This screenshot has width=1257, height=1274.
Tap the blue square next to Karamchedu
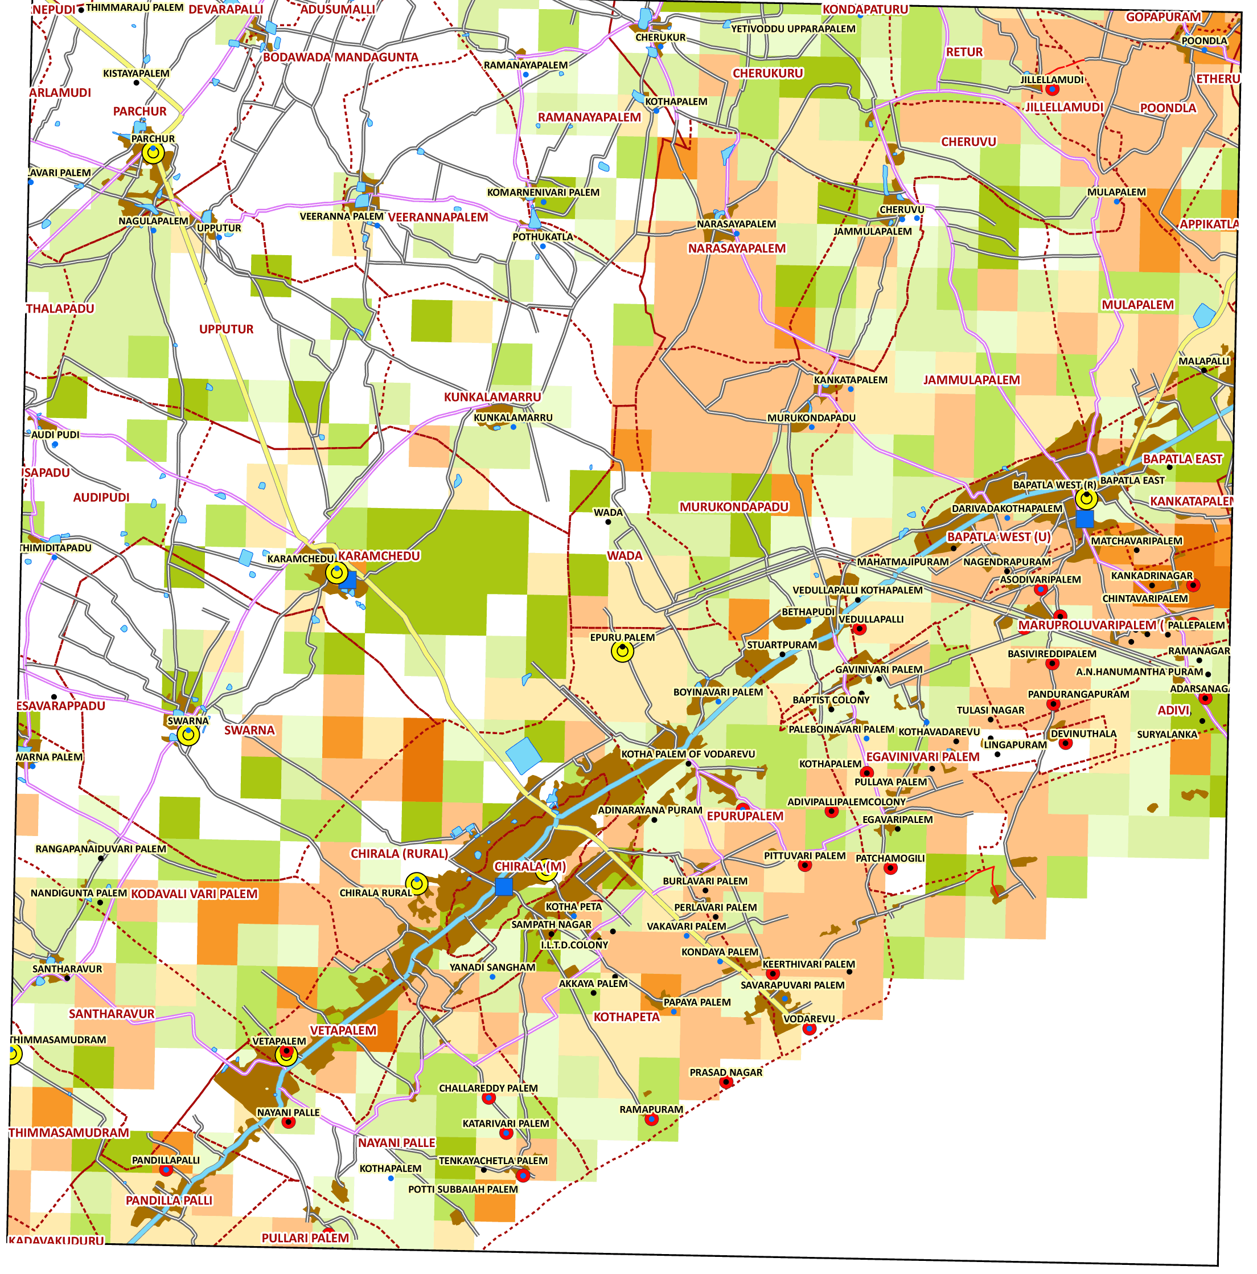pyautogui.click(x=347, y=580)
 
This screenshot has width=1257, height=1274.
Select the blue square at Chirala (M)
pyautogui.click(x=504, y=886)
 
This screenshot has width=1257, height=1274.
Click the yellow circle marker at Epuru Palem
pyautogui.click(x=622, y=651)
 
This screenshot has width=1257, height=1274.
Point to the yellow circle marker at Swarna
pyautogui.click(x=188, y=734)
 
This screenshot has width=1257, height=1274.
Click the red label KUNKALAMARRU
pyautogui.click(x=492, y=397)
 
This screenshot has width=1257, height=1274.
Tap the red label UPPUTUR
pyautogui.click(x=226, y=329)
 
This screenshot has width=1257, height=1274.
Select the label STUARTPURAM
pyautogui.click(x=781, y=644)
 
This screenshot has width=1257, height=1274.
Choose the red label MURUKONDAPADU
pyautogui.click(x=734, y=506)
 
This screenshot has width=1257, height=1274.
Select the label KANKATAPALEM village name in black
pyautogui.click(x=851, y=380)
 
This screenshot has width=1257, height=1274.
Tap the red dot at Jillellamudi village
pyautogui.click(x=1052, y=89)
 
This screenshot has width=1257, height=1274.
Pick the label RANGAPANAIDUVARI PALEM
pyautogui.click(x=100, y=849)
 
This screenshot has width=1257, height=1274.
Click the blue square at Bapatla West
pyautogui.click(x=1085, y=519)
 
